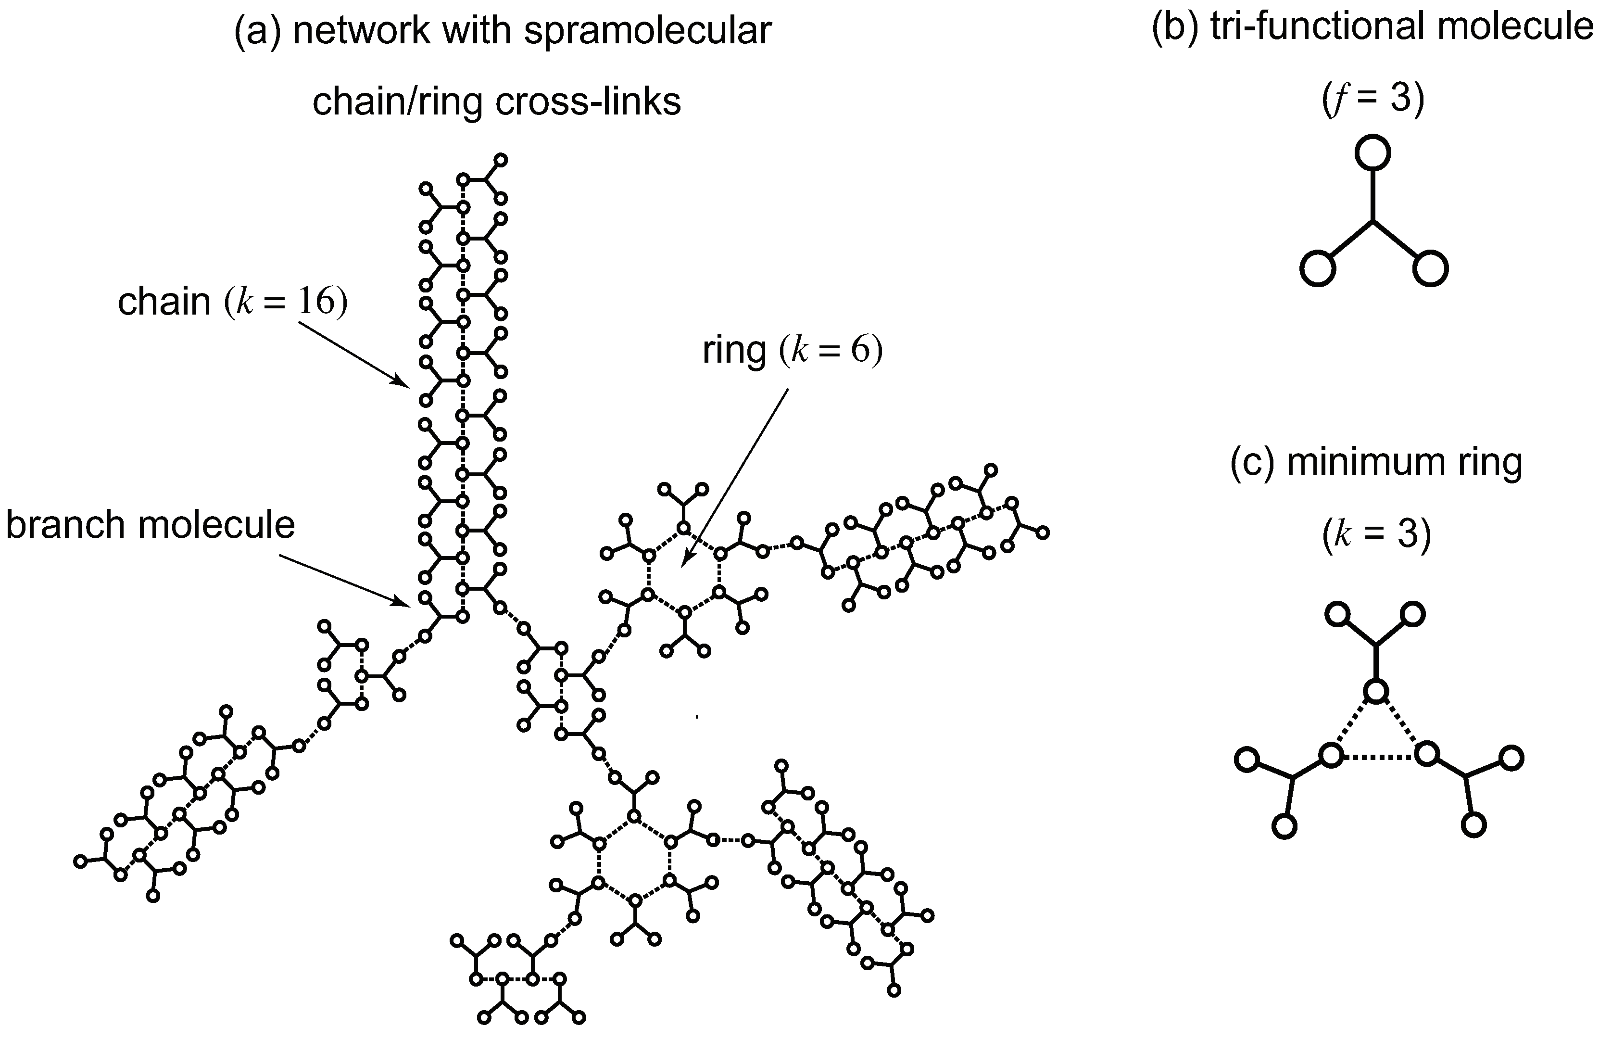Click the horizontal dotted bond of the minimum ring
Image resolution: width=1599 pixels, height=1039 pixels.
[x=1377, y=756]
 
